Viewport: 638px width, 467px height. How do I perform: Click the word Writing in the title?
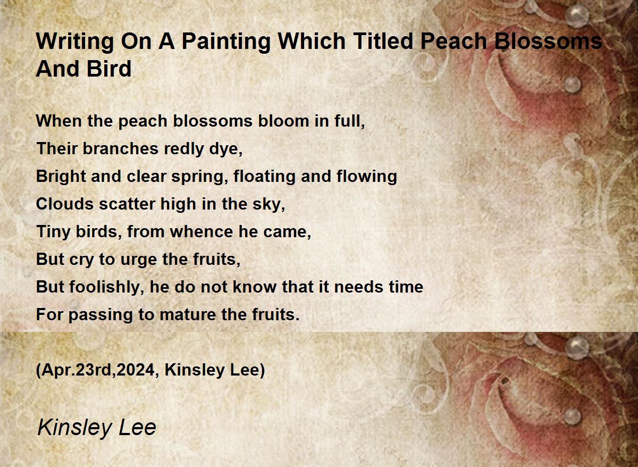click(x=74, y=42)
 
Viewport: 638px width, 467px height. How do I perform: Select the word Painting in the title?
click(x=226, y=42)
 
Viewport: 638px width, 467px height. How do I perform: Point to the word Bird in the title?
click(x=109, y=69)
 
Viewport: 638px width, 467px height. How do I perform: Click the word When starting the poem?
click(x=58, y=121)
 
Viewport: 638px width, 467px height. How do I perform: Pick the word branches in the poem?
click(x=120, y=148)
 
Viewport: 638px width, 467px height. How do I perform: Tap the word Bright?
click(x=61, y=177)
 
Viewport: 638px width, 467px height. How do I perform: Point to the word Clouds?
click(x=65, y=204)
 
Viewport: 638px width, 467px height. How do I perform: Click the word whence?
click(x=202, y=231)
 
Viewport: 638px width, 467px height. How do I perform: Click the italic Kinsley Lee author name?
click(x=97, y=428)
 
